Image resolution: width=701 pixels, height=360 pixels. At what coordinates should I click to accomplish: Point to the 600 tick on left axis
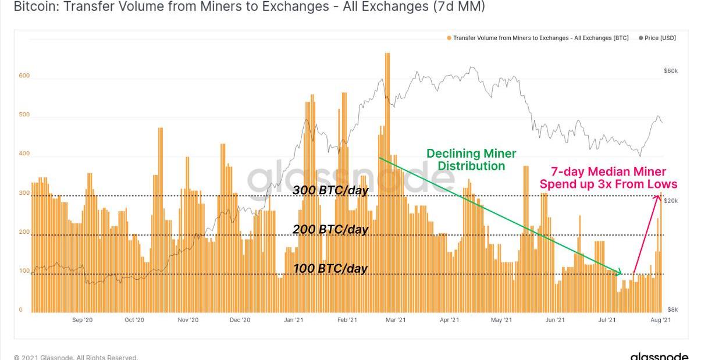pos(24,76)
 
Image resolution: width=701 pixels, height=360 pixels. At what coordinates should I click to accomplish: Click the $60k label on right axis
pos(671,70)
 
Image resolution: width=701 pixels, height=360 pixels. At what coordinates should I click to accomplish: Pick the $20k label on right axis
pos(671,201)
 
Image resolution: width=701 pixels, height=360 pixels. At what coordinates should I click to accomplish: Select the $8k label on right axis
pos(672,310)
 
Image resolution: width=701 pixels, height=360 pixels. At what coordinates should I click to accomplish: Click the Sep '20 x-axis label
pos(82,320)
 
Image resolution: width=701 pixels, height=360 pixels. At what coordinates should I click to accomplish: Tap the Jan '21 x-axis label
pos(294,320)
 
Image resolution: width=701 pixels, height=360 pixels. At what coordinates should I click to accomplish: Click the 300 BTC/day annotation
pos(330,190)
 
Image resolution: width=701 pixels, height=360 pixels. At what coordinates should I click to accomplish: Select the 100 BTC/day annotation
pos(330,269)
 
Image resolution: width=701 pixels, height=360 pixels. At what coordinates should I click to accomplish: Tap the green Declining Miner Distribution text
pos(471,160)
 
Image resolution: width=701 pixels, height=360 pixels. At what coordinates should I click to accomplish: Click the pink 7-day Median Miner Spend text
pos(609,178)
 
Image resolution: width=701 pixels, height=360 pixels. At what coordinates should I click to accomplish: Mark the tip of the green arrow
pos(621,273)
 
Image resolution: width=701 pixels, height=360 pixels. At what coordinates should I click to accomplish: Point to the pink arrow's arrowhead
pos(658,196)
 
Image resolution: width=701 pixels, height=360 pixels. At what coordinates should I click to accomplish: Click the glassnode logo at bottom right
pos(659,356)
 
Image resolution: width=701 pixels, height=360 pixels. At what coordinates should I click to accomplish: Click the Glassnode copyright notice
pos(76,357)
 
